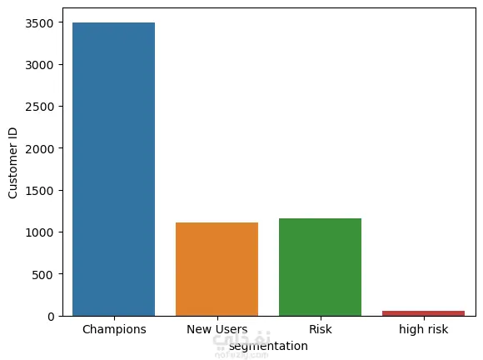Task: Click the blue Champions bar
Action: tap(113, 169)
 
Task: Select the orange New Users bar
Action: tap(217, 269)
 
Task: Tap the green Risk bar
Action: tap(320, 267)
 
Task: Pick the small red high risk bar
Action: tap(424, 313)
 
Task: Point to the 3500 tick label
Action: tap(39, 23)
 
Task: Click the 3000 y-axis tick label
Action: tap(39, 65)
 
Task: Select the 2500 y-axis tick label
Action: tap(39, 107)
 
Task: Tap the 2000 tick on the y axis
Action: tap(39, 149)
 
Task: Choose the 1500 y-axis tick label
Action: tap(39, 191)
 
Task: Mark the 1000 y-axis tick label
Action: tap(39, 232)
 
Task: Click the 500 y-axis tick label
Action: tap(42, 275)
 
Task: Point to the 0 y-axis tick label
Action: tap(51, 317)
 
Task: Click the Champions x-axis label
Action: tap(114, 329)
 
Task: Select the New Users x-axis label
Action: tap(217, 329)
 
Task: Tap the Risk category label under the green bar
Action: tap(321, 329)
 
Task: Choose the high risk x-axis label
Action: tap(424, 329)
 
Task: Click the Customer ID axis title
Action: tap(12, 163)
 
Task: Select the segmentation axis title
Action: tap(268, 346)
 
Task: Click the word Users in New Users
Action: tap(231, 329)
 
